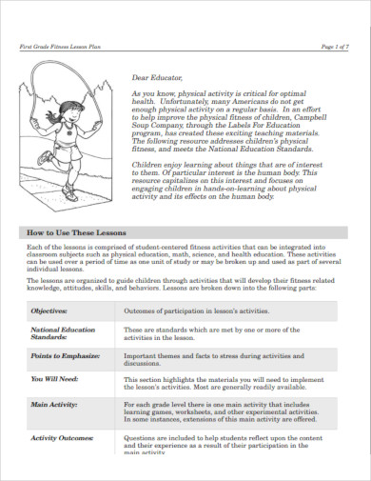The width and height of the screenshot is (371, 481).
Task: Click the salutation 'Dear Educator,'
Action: [156, 80]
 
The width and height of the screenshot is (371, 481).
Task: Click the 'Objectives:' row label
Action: [49, 310]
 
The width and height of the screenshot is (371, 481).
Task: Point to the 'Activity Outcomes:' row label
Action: [62, 437]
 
